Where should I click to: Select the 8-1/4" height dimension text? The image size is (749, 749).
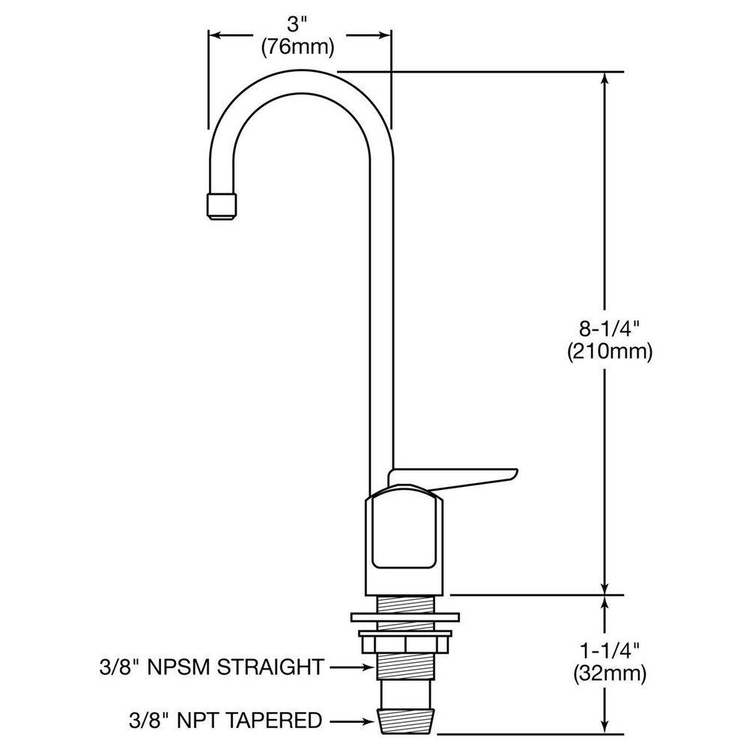607,327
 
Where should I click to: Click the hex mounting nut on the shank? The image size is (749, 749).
405,642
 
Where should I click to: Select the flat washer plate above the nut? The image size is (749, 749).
405,619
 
